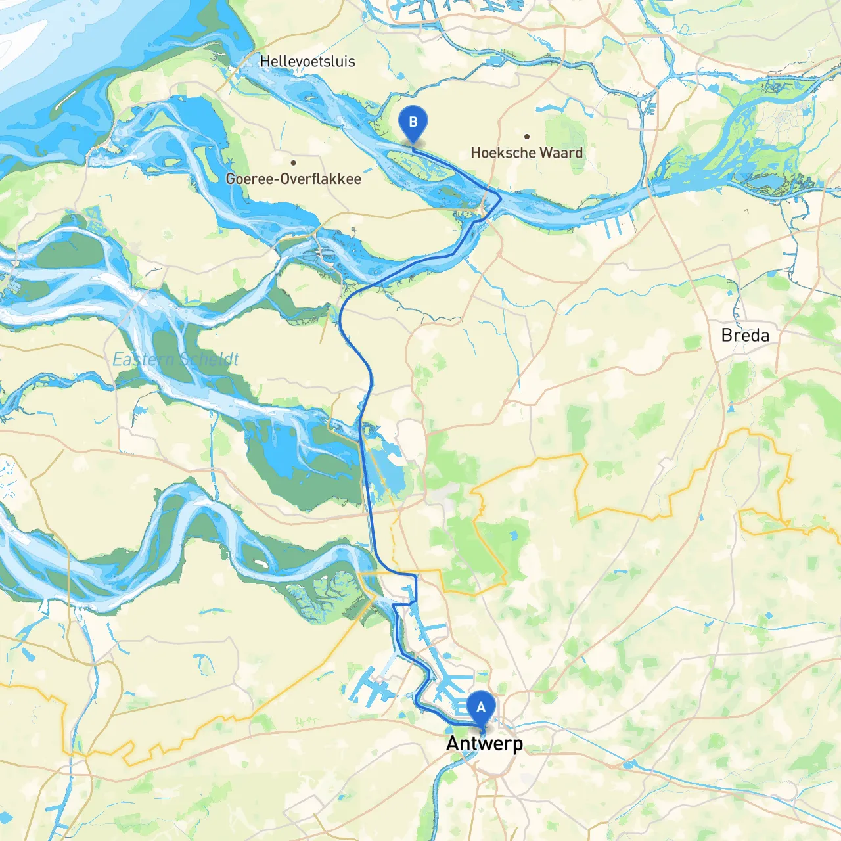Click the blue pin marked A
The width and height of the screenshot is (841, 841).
point(481,708)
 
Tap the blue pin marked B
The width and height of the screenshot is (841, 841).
point(413,123)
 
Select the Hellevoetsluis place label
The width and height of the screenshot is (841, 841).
point(307,61)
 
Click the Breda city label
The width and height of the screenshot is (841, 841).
point(745,335)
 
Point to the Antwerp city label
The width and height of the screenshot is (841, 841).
point(485,744)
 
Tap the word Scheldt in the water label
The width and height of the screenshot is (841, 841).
point(209,359)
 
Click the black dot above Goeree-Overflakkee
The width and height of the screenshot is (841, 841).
point(293,162)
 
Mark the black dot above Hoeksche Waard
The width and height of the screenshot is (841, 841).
point(527,137)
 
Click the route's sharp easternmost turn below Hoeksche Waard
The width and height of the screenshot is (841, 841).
point(501,198)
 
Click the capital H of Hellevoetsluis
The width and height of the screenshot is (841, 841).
point(265,61)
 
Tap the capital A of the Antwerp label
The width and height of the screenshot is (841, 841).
point(453,744)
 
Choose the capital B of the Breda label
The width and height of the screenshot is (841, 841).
point(727,335)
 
